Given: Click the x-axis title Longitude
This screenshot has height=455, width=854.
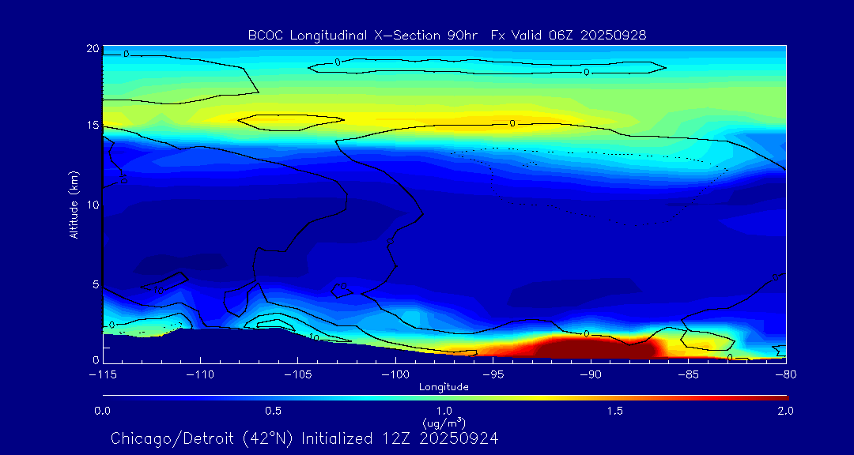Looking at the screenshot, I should (444, 387).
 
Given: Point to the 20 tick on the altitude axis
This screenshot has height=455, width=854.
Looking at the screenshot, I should (92, 49).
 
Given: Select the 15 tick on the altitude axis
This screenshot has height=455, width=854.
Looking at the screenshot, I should (92, 126).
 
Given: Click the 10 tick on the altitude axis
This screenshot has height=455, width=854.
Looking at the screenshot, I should (92, 205).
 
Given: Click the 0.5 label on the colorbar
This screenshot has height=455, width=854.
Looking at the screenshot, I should (274, 411).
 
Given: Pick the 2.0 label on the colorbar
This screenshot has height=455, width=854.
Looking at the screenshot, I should (784, 411).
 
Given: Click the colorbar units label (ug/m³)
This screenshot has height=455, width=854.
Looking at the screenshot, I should (444, 423).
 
